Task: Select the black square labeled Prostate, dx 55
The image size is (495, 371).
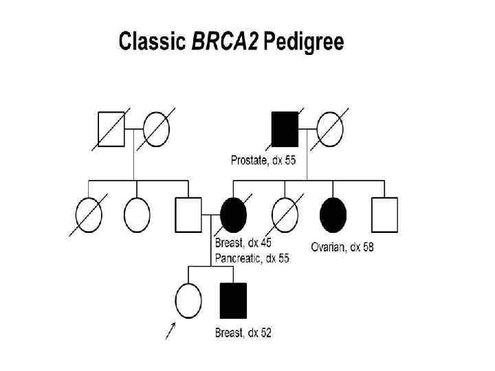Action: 285,129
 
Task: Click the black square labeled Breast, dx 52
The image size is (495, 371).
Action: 233,300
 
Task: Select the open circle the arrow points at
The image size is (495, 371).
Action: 188,300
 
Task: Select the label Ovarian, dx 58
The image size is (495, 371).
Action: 342,247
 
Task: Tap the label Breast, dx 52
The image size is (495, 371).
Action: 243,333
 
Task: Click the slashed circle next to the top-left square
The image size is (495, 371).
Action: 155,129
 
